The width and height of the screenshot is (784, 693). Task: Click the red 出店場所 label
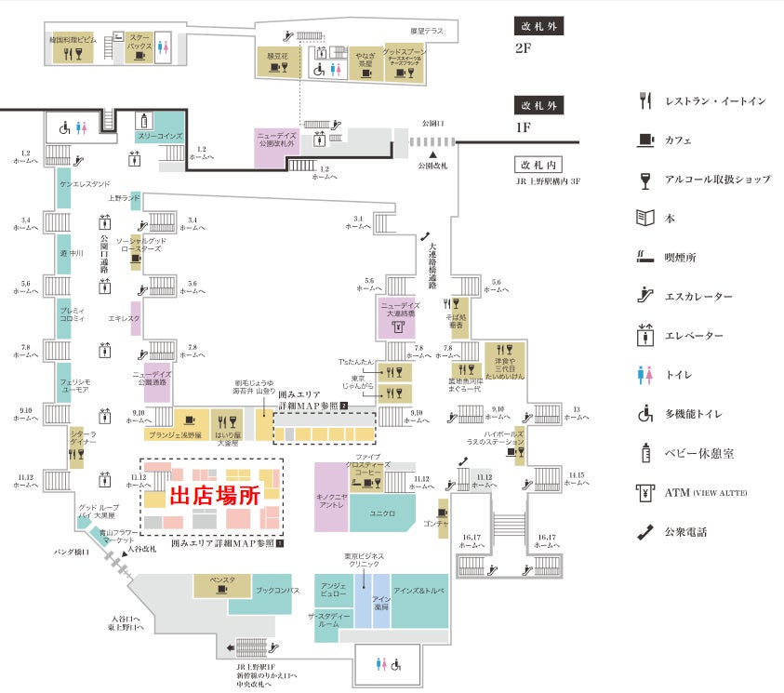213,496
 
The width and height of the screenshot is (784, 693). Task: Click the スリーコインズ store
160,136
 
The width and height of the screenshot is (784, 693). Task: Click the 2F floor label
522,47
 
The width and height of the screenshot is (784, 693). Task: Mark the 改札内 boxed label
538,165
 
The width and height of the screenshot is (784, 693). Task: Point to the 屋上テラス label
426,31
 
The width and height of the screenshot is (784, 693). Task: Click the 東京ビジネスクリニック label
363,560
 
